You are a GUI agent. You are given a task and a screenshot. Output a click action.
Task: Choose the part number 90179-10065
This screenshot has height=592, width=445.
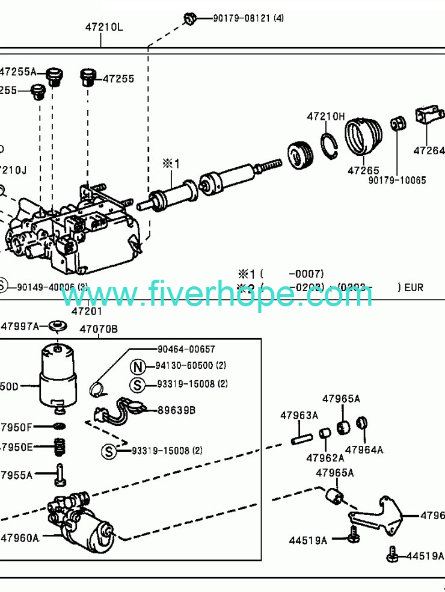[397, 180]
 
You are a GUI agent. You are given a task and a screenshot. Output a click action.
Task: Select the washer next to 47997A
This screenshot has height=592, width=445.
[58, 327]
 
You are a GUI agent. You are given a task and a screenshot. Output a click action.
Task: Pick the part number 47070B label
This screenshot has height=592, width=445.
[99, 329]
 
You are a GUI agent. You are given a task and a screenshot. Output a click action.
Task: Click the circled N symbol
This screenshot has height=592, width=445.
[139, 366]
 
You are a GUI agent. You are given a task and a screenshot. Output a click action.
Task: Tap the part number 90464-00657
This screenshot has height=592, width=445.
[186, 349]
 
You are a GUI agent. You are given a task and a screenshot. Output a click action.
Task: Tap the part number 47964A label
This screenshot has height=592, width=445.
[364, 449]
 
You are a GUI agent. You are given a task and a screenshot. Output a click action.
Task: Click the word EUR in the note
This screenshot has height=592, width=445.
[413, 288]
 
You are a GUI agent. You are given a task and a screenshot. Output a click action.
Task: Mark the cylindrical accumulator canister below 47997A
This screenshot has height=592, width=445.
[58, 373]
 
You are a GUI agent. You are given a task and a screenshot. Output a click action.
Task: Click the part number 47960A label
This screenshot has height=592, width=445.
[19, 537]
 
